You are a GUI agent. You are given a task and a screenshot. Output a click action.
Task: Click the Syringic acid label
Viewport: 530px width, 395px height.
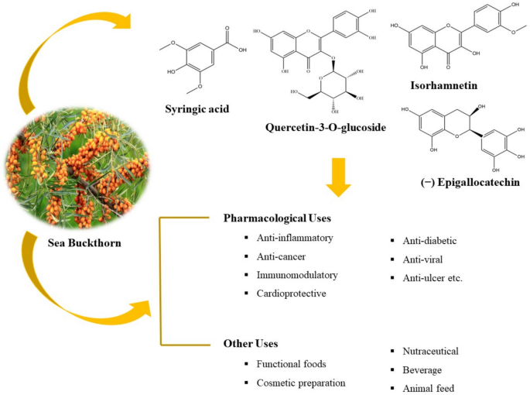[x=197, y=109]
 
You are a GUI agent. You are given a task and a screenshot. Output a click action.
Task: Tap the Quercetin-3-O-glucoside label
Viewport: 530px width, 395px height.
[x=326, y=127]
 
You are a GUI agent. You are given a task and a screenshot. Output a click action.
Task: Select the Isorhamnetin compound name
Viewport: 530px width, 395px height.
[x=444, y=85]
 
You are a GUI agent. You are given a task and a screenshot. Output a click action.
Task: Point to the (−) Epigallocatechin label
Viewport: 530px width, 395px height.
[x=470, y=183]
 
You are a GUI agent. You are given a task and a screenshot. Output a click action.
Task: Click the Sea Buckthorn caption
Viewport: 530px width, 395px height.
[x=84, y=242]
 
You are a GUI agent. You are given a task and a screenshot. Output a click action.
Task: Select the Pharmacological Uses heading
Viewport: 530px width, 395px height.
[x=277, y=218]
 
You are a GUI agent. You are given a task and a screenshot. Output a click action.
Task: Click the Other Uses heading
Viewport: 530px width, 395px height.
[x=251, y=344]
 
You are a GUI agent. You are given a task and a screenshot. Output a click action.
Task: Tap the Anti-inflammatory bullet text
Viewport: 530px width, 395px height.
[x=295, y=238]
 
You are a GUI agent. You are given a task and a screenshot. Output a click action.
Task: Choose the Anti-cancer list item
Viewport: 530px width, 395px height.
[x=281, y=256]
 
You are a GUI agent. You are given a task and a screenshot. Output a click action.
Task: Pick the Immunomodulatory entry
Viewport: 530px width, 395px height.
[x=297, y=275]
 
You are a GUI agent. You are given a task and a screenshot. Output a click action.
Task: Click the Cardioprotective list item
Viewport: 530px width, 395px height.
[x=292, y=293]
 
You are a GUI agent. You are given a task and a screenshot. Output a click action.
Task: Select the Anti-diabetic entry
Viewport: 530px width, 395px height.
[x=429, y=241]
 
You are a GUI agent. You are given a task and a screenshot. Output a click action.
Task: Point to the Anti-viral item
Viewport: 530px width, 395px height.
[x=422, y=259]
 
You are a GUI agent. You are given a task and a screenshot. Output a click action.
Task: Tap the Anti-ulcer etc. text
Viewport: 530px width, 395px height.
[x=433, y=278]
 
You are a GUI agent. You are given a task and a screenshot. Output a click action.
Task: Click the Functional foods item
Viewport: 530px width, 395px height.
[x=291, y=364]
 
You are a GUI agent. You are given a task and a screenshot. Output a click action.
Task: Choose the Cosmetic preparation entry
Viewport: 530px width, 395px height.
[x=301, y=383]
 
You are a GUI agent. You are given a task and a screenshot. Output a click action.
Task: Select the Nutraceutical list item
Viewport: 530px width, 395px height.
[x=430, y=351]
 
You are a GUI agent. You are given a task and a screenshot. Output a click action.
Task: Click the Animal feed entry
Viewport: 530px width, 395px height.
[x=429, y=388]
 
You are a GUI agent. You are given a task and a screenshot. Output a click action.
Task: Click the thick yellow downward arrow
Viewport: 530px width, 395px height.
[x=338, y=177]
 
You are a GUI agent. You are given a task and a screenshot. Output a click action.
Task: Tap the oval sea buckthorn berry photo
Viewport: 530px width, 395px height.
[x=77, y=168]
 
